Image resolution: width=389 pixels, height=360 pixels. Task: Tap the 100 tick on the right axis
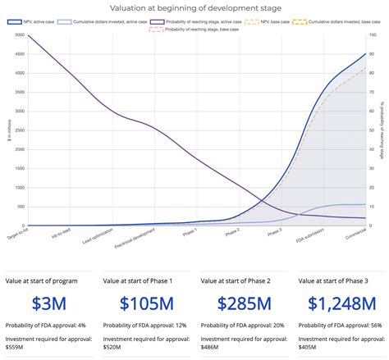[373, 36]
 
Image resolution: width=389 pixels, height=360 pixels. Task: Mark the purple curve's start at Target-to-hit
[28, 36]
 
